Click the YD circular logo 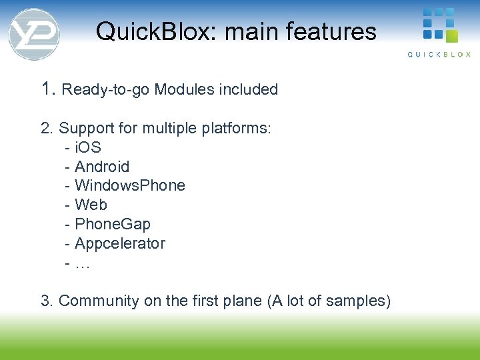click(34, 34)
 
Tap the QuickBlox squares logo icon click(439, 25)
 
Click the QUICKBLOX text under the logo click(439, 55)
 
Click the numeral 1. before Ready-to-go click(49, 89)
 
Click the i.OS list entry click(87, 147)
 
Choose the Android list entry click(101, 167)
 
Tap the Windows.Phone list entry click(129, 185)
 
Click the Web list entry click(91, 205)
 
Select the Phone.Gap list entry click(112, 224)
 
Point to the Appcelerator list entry click(119, 243)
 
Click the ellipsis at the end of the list click(83, 263)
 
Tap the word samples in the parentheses click(361, 301)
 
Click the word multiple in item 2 click(169, 128)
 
